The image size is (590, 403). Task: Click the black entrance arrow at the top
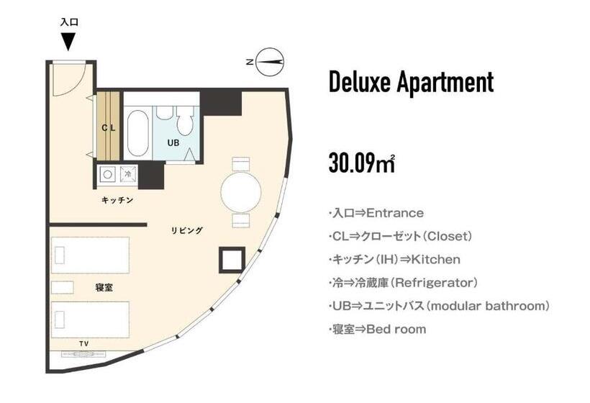tap(68, 42)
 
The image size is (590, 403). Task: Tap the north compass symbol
tap(271, 62)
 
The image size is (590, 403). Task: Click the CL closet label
tap(109, 128)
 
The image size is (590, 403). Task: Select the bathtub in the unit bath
tap(137, 132)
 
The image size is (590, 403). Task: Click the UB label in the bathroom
tap(173, 142)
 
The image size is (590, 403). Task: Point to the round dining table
tap(240, 192)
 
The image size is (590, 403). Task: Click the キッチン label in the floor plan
tap(117, 200)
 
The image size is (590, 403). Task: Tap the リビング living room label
tap(186, 231)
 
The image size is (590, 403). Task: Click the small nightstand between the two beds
tap(63, 287)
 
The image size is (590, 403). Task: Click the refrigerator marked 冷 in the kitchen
tap(128, 173)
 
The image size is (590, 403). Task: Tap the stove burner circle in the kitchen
tap(108, 173)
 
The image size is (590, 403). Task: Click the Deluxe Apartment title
tap(411, 82)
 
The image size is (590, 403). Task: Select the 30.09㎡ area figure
tap(361, 163)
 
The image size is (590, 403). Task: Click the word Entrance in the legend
tap(395, 213)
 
